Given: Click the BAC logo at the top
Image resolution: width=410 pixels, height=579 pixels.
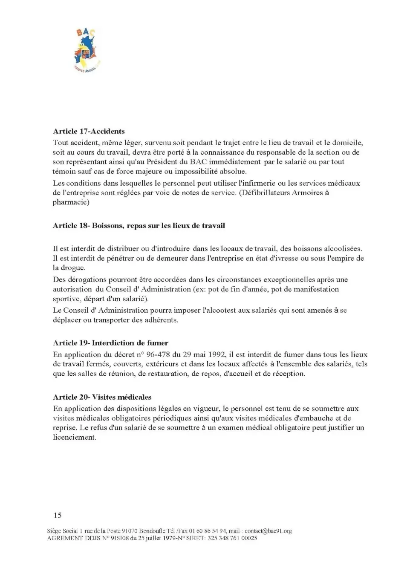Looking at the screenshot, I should click(x=87, y=50).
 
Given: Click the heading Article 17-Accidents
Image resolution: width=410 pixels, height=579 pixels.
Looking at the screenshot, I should click(x=89, y=131).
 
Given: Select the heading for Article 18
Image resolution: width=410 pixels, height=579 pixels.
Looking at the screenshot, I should click(x=139, y=225).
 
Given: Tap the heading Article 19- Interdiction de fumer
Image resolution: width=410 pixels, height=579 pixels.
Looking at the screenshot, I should click(x=110, y=343).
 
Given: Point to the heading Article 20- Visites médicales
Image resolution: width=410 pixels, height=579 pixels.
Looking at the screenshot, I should click(x=102, y=397).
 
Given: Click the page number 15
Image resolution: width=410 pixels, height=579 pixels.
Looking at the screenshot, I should click(x=58, y=515).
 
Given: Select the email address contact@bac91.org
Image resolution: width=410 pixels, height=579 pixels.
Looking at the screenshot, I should click(x=268, y=531).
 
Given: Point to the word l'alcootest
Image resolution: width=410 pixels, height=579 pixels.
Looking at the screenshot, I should click(x=215, y=310).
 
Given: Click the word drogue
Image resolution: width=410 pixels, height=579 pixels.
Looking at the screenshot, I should click(x=73, y=268).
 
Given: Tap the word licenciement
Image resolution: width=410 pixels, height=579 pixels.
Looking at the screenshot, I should click(x=74, y=437).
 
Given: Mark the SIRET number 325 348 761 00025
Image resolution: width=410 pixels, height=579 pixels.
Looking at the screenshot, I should click(x=231, y=538).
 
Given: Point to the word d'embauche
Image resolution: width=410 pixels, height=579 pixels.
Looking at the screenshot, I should click(x=313, y=418).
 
